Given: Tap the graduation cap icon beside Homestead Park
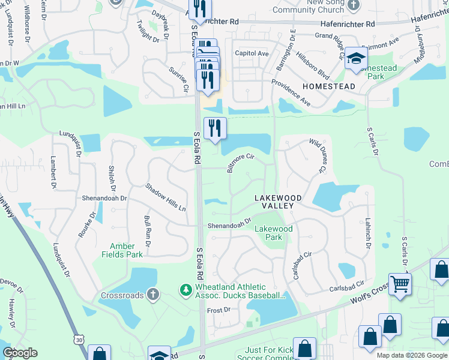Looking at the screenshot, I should point(356,59).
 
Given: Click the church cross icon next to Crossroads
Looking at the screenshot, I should point(153,295).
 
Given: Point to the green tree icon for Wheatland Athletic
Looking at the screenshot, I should point(186,290).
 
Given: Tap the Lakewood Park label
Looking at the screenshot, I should point(274,233).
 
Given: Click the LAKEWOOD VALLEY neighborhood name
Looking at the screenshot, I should point(274,202).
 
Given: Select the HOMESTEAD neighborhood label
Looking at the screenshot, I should point(328,86).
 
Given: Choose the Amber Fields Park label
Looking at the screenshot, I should point(126,250).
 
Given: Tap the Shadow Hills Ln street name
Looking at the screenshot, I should point(166,197).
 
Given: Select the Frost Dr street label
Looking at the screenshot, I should point(218,310).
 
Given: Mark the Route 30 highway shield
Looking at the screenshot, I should point(80,340).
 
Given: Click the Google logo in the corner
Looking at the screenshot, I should point(20,353).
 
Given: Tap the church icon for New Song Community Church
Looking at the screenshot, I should point(354,4).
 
